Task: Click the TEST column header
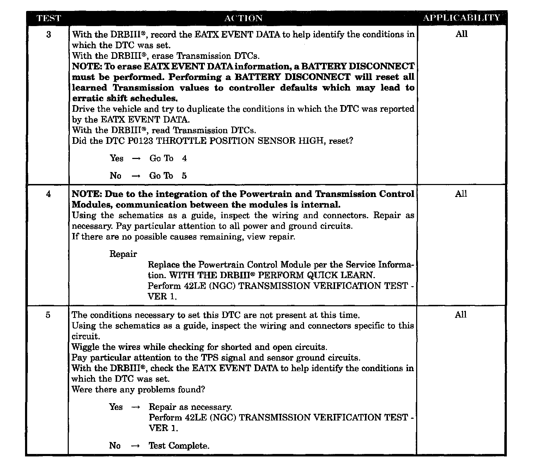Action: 48,18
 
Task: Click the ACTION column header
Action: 243,18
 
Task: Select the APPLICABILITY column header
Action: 461,18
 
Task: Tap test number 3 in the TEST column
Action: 48,35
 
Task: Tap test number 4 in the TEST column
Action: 48,194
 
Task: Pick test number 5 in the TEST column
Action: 48,315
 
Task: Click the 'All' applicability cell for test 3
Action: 461,34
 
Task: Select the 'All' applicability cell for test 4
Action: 461,194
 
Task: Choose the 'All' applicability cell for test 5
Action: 461,315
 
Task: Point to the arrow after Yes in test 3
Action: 136,159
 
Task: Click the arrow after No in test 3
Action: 136,176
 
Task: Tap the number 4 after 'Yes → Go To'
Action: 184,159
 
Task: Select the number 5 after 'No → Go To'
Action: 184,176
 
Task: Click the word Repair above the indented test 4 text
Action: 123,254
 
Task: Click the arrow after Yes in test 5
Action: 135,407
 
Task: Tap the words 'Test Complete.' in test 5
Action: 179,446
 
